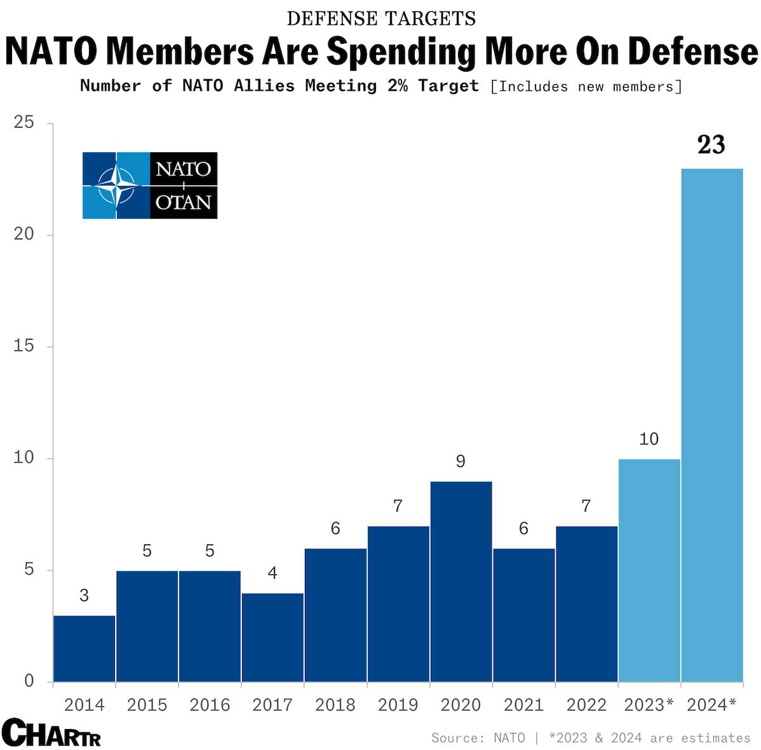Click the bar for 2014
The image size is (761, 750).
84,648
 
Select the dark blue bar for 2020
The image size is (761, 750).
461,581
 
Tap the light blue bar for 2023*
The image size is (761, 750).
649,570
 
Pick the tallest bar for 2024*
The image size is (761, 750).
711,425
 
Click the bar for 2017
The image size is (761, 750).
273,637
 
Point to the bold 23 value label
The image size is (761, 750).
711,145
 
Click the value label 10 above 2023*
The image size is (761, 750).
649,439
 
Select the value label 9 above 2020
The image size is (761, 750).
461,461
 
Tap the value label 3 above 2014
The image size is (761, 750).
84,596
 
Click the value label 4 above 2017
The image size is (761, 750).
273,574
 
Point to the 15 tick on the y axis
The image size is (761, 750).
24,346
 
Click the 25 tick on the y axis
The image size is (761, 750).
24,122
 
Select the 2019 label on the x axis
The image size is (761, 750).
398,705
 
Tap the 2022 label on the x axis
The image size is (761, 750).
586,705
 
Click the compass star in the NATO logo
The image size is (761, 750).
116,186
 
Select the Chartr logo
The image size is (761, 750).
51,734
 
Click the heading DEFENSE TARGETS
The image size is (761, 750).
381,19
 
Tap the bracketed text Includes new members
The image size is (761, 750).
586,86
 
